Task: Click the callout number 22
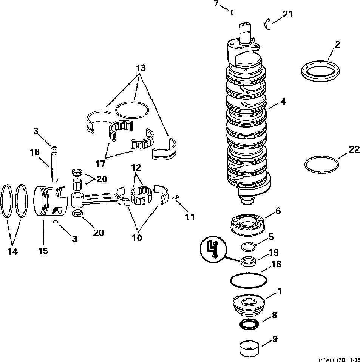[354, 149]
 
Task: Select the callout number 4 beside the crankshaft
[283, 101]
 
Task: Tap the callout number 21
[288, 14]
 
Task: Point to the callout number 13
[141, 68]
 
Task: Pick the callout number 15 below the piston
[43, 250]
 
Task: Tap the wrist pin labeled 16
[54, 166]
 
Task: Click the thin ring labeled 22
[321, 165]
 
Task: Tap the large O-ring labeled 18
[249, 280]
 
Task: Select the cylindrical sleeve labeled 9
[250, 348]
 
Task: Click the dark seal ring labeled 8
[249, 324]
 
